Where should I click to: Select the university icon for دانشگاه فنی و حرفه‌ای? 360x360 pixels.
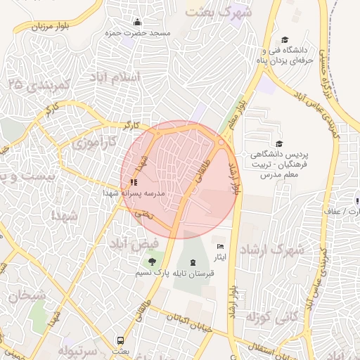(x=285, y=39)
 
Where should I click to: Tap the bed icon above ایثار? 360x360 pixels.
(x=221, y=247)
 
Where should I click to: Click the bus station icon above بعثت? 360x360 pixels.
(x=120, y=340)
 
